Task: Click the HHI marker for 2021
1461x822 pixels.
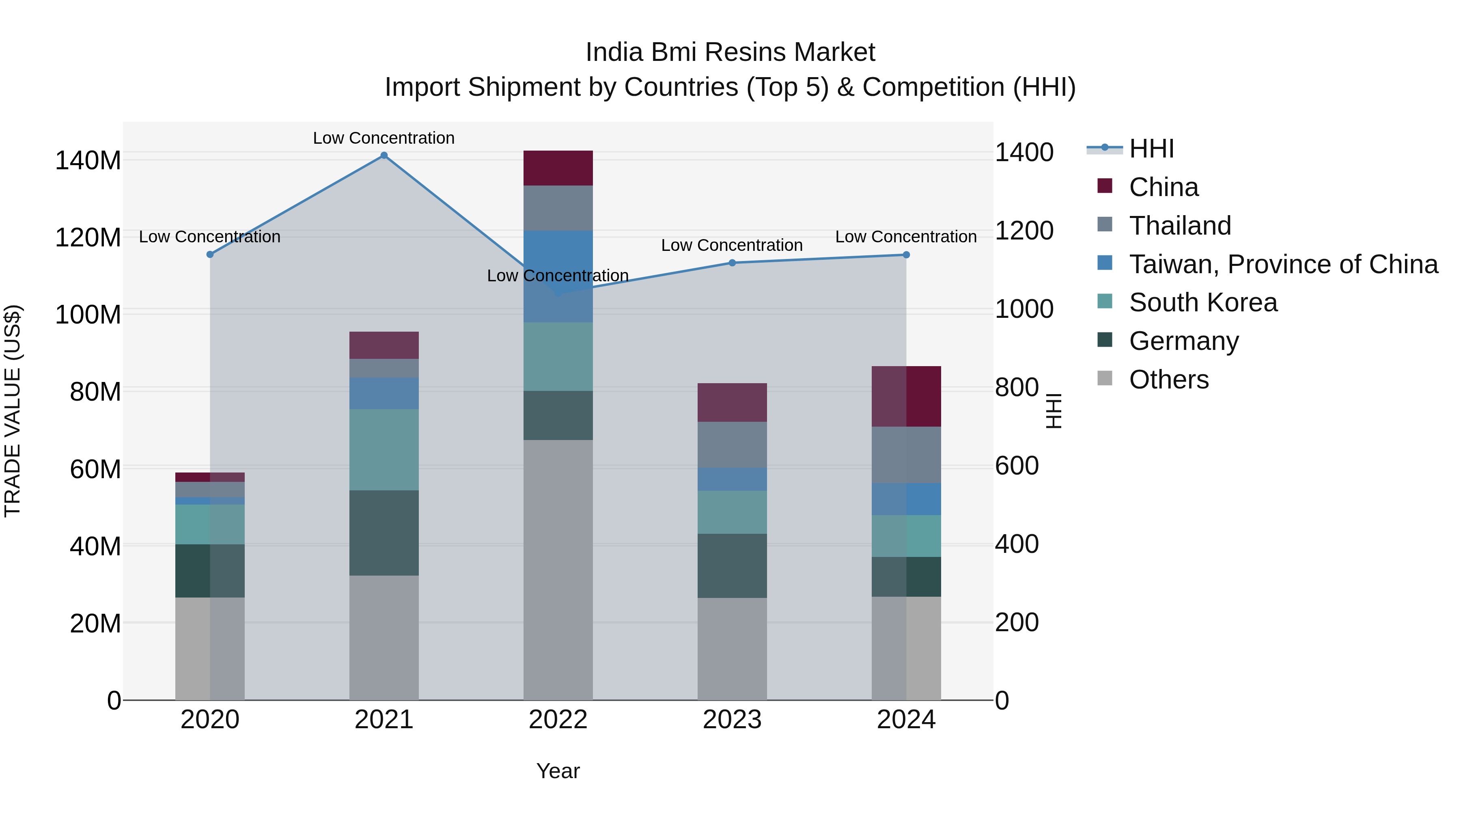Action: [384, 155]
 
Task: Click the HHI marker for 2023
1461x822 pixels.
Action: [732, 263]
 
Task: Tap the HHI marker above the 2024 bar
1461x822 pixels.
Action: [906, 255]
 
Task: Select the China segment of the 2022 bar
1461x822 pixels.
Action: [558, 168]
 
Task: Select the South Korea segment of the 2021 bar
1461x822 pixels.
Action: [384, 449]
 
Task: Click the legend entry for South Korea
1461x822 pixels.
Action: [1202, 302]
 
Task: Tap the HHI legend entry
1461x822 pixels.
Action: [1151, 149]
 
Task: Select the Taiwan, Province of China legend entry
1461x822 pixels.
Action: [1283, 264]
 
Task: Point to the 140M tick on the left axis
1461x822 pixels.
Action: [88, 160]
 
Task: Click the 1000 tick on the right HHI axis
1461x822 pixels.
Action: [1024, 309]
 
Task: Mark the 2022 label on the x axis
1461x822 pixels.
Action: [558, 720]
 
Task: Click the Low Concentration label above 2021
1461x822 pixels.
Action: [384, 138]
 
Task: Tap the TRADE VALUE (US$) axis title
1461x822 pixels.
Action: [13, 411]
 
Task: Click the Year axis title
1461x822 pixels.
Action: [558, 771]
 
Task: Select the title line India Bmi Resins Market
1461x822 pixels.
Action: [730, 52]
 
